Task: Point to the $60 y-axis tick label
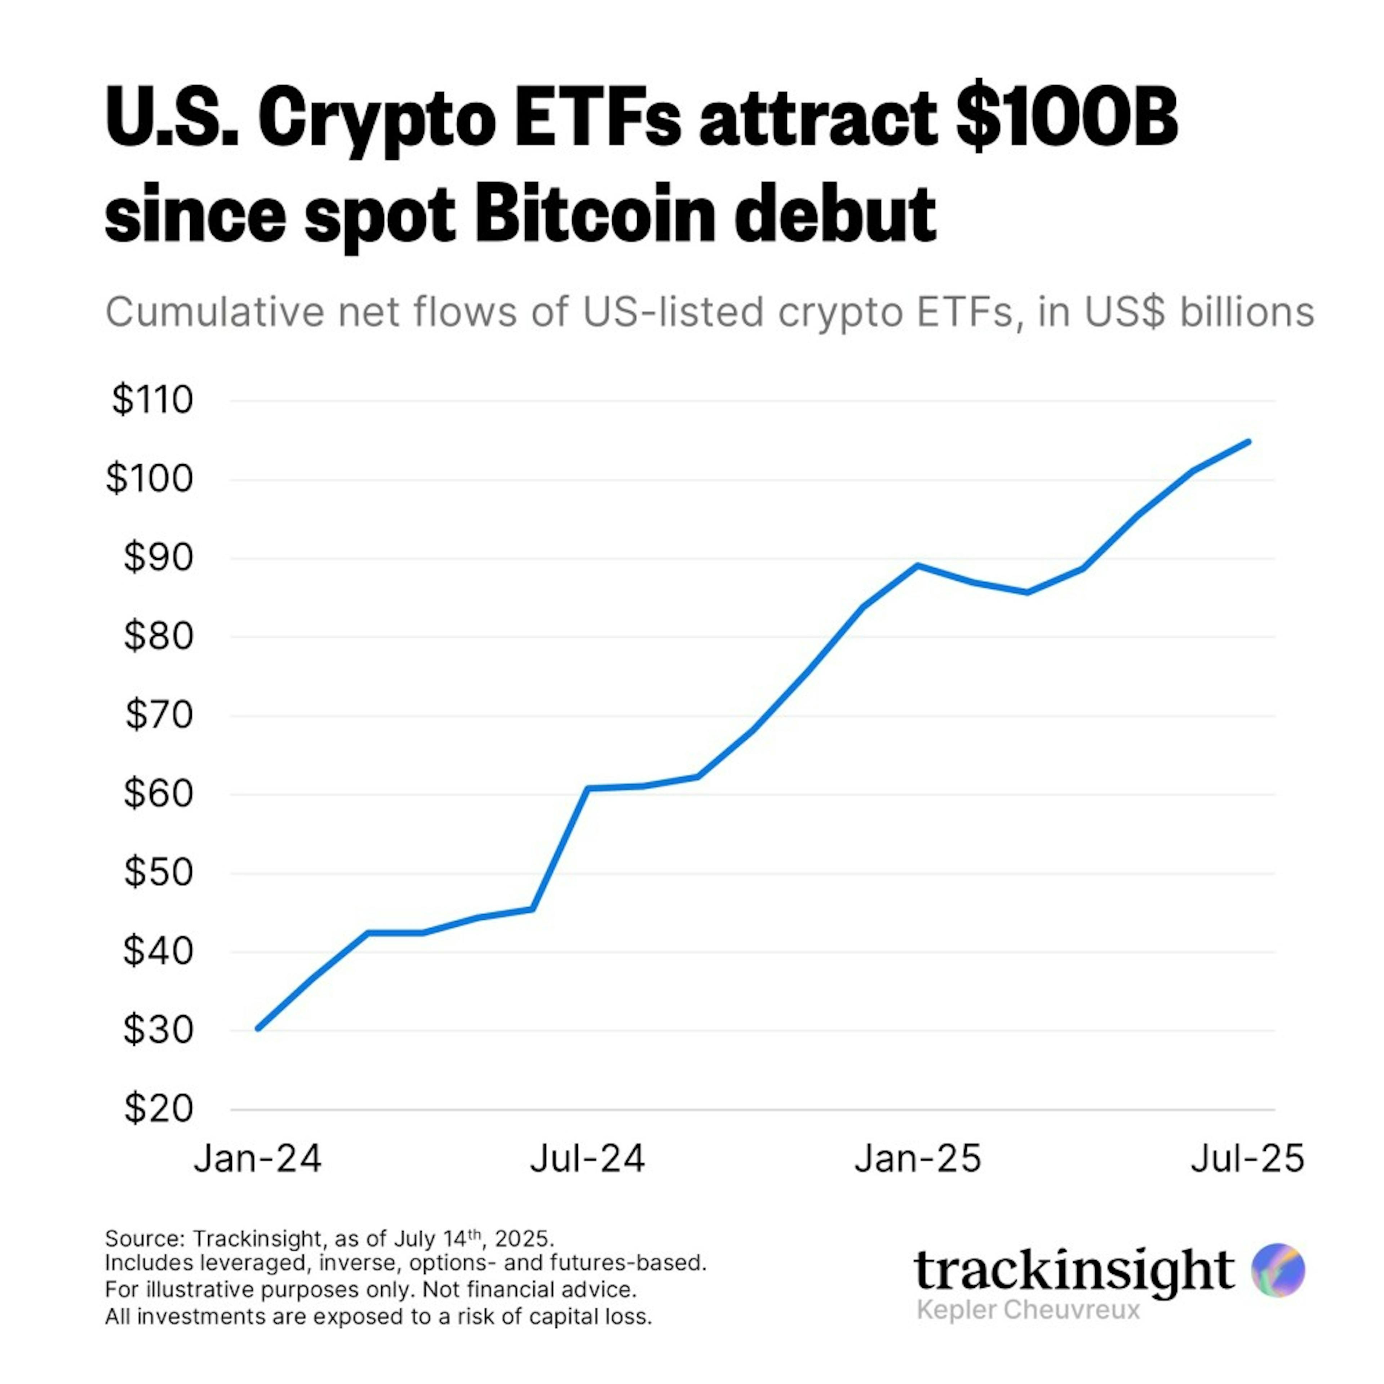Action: [x=158, y=794]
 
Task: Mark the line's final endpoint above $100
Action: [x=1248, y=441]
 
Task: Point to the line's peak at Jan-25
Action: [x=918, y=565]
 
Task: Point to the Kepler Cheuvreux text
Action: [x=1028, y=1310]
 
